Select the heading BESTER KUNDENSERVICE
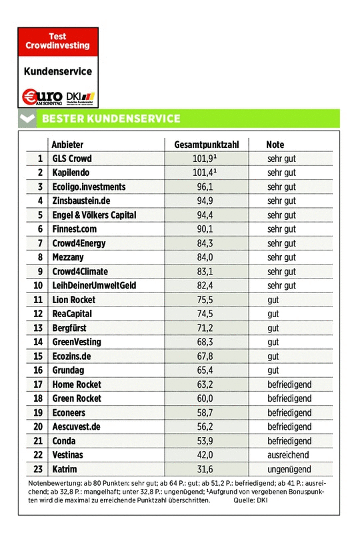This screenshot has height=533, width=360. coord(111,119)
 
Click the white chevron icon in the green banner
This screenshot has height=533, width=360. coord(27,119)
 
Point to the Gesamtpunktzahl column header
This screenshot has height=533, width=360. coord(206,145)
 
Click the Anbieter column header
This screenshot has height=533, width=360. coord(67,145)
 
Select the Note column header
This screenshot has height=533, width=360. coord(275,145)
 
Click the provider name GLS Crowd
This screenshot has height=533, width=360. coord(72,159)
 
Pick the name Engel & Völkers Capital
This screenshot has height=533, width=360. coord(94,215)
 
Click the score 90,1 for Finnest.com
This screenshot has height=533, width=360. coord(205,229)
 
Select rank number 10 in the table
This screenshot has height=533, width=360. coord(38,286)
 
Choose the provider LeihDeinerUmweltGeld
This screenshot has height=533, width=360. coord(94,286)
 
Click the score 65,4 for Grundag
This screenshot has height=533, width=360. coord(205,370)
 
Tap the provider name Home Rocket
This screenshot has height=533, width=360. coord(76,384)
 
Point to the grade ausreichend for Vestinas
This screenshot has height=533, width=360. coord(288,455)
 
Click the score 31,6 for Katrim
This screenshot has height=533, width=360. coord(205,470)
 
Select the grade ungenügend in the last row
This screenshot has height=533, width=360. coord(288,470)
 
